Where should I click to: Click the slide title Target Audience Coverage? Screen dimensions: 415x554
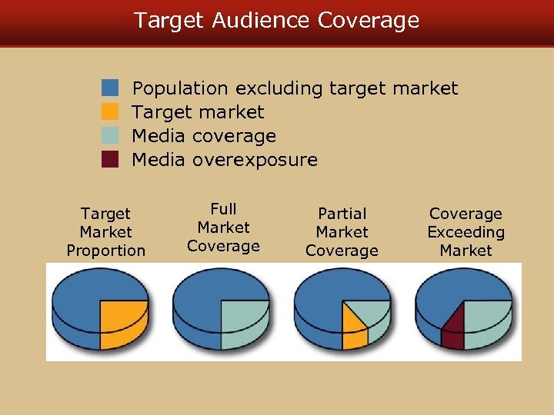277,21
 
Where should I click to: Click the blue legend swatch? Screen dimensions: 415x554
111,88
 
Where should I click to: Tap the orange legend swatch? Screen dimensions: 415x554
111,111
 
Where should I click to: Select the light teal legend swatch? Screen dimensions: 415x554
111,135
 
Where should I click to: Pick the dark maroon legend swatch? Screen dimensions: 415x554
111,160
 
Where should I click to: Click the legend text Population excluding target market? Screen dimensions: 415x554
295,88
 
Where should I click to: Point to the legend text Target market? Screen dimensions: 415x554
198,112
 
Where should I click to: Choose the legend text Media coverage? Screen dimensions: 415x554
204,136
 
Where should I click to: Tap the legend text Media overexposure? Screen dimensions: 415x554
225,160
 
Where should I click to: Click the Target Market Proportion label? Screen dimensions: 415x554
106,232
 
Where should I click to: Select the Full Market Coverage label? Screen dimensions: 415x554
223,227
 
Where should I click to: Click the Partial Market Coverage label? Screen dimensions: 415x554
342,232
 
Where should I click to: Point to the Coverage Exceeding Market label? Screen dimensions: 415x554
466,232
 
